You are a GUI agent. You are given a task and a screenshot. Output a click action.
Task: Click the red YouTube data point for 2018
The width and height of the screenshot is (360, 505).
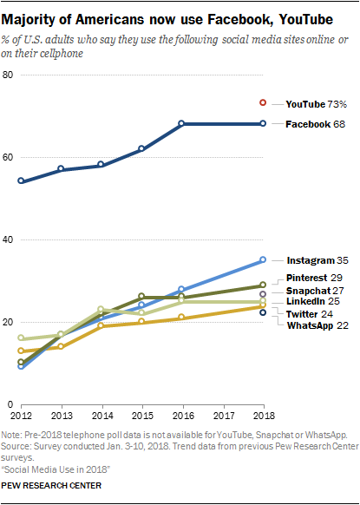pyautogui.click(x=263, y=102)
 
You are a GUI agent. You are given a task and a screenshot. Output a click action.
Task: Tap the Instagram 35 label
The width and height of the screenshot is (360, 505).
pyautogui.click(x=311, y=259)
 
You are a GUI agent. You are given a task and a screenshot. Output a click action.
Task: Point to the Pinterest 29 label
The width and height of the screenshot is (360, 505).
pyautogui.click(x=311, y=278)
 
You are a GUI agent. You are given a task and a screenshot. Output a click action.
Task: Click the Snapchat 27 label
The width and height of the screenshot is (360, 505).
pyautogui.click(x=311, y=291)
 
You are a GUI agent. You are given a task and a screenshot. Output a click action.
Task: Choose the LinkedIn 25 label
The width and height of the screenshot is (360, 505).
pyautogui.click(x=311, y=301)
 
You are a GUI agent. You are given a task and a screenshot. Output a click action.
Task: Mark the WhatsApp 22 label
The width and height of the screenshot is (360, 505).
pyautogui.click(x=312, y=325)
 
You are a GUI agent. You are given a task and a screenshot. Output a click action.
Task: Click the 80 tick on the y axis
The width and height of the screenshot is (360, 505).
pyautogui.click(x=9, y=75)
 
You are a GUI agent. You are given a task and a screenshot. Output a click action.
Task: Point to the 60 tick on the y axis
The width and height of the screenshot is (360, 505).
pyautogui.click(x=9, y=157)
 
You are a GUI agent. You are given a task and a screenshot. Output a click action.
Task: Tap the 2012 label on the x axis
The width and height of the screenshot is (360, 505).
pyautogui.click(x=21, y=416)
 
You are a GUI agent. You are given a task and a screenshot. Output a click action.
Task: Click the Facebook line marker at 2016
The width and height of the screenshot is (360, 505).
pyautogui.click(x=182, y=124)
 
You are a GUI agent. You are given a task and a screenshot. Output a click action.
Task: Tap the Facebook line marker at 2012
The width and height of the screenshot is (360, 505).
pyautogui.click(x=21, y=181)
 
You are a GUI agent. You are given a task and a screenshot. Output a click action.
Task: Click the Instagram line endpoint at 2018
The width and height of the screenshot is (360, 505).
pyautogui.click(x=263, y=259)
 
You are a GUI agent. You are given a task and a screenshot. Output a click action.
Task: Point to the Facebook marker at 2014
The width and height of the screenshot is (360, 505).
pyautogui.click(x=101, y=165)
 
